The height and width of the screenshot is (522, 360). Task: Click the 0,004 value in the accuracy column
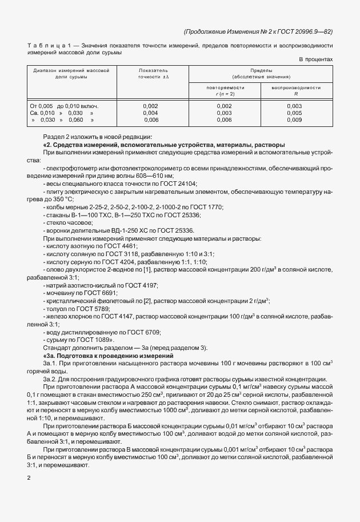tap(150, 113)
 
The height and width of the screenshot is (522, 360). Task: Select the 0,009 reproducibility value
tap(294, 120)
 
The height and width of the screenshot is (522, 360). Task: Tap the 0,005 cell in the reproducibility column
tap(294, 113)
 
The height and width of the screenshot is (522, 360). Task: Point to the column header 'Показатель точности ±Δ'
tap(154, 73)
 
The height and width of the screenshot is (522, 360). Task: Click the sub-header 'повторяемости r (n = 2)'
tap(225, 90)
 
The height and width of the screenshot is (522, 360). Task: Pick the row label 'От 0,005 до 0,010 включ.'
tap(65, 106)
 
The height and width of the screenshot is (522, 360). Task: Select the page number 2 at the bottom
tap(29, 476)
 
